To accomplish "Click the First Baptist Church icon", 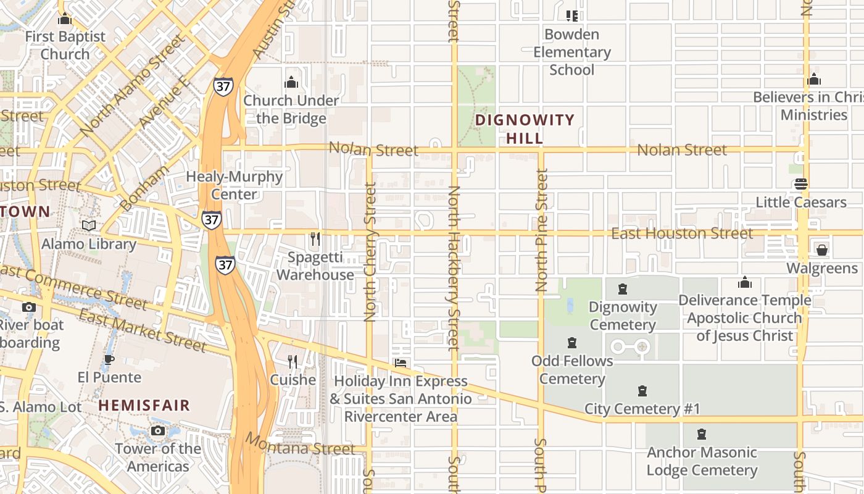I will (65, 19).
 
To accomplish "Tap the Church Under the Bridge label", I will (291, 109).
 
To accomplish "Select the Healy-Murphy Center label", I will (234, 185).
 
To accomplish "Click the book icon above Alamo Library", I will (89, 226).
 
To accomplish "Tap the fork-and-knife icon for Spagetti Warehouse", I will (315, 238).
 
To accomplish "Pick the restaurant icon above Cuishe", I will (293, 361).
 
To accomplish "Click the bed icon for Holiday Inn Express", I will (401, 363).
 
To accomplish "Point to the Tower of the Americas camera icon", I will (158, 430).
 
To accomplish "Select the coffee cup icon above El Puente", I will (109, 359).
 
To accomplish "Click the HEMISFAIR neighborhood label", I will (144, 406).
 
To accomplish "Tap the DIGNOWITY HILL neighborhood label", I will (525, 128).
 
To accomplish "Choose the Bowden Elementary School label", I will (572, 52).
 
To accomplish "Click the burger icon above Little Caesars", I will (801, 184).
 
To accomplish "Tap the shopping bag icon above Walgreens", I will (821, 250).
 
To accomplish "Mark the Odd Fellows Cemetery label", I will (572, 369).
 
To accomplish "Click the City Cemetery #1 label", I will (642, 409).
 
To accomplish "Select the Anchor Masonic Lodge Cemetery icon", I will (702, 434).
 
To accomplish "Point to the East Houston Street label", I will (682, 233).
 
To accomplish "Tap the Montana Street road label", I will (301, 445).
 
